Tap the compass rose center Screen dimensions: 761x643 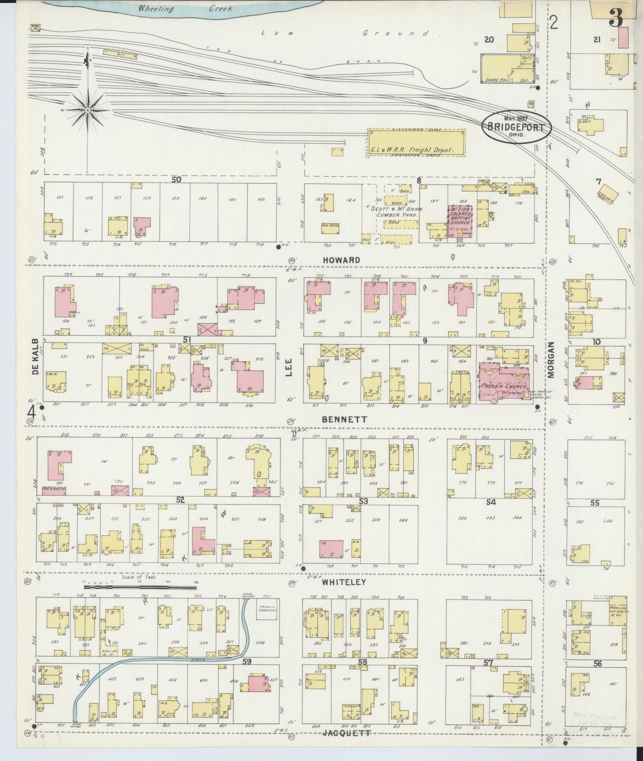click(x=88, y=111)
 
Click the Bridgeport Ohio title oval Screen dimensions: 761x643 click(x=515, y=127)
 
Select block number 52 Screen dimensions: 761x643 click(x=180, y=500)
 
